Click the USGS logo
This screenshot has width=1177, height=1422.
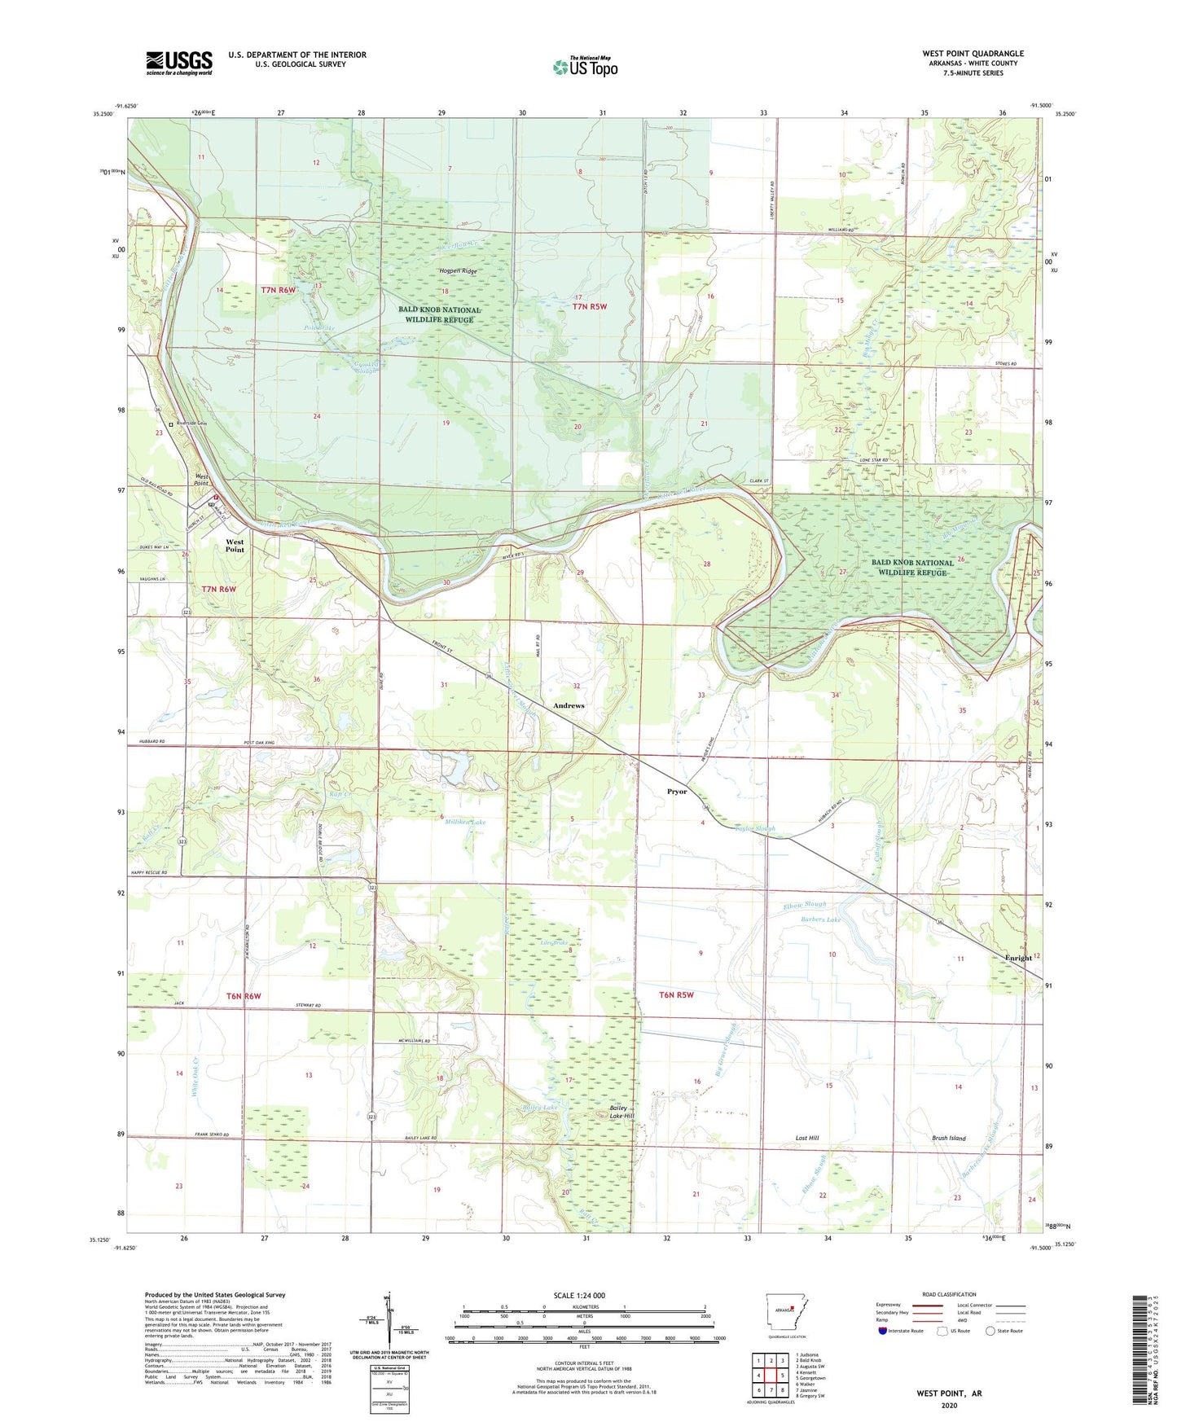tap(179, 63)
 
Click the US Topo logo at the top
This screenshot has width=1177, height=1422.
tap(585, 67)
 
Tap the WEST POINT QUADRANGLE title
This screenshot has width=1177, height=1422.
tap(973, 54)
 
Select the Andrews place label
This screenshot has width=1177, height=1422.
tap(569, 705)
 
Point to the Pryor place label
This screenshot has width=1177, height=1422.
tap(677, 792)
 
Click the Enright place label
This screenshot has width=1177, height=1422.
tap(1018, 958)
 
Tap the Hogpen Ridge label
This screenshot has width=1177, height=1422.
tap(458, 271)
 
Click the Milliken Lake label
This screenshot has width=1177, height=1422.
tap(466, 823)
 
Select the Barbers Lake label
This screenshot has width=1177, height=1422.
tap(820, 919)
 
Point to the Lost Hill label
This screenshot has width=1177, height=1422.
tap(806, 1138)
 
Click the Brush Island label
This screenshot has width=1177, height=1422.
tap(948, 1138)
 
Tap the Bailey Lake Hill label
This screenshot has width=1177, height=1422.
tap(623, 1113)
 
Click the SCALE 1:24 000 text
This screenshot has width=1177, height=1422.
tap(578, 1295)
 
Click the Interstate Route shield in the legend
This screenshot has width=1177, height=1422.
tap(884, 1331)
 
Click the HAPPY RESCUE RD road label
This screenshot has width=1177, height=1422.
tap(148, 873)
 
